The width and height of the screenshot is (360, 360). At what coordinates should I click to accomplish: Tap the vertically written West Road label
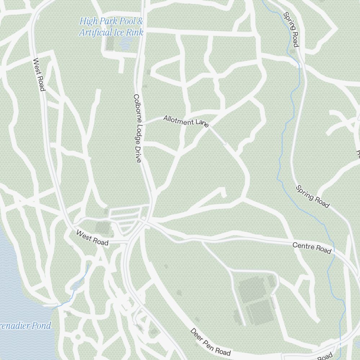[39, 75]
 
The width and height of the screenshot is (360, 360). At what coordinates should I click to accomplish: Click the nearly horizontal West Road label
[92, 238]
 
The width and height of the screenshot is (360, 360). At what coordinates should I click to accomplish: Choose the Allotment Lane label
[186, 121]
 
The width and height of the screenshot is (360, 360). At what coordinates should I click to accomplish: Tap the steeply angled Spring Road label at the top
[291, 30]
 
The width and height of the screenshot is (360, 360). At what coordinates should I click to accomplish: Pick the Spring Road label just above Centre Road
[312, 197]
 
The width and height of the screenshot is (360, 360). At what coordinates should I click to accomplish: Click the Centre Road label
[311, 248]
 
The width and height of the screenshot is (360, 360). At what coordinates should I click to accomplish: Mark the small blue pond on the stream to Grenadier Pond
[75, 287]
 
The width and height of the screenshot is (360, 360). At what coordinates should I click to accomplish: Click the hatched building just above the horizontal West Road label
[103, 228]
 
